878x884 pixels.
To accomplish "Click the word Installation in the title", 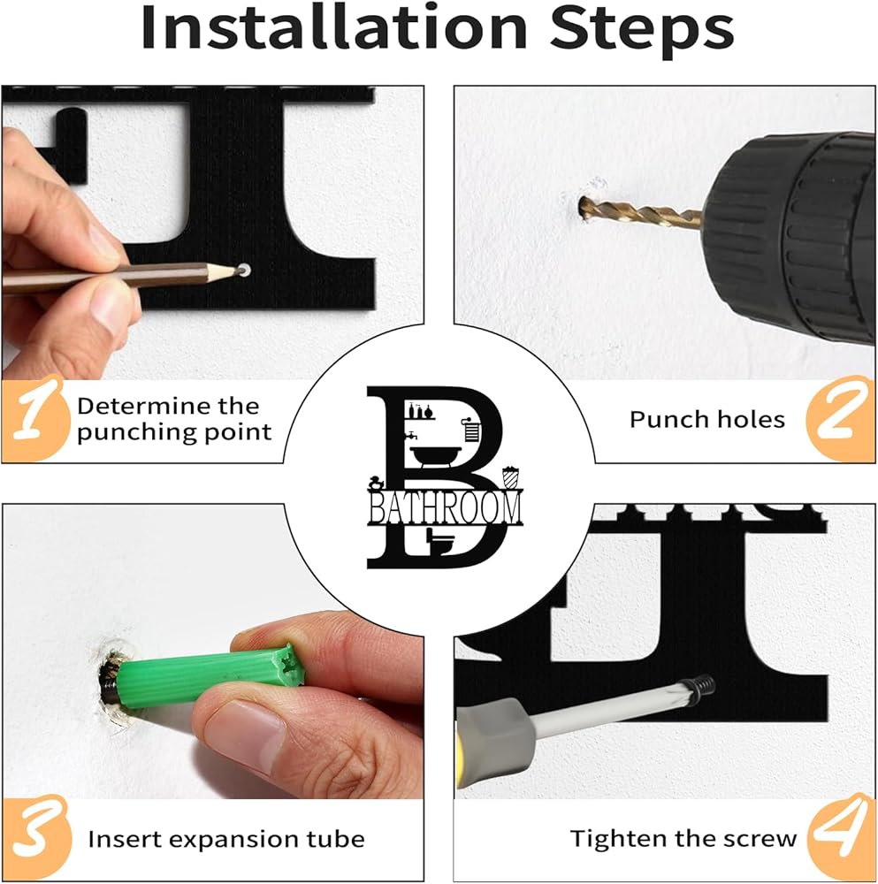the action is pos(334,27).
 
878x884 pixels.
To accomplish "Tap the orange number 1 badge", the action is pos(35,418).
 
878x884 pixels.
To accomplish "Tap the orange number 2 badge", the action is pos(841,418).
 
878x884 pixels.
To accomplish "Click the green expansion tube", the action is pos(211,674).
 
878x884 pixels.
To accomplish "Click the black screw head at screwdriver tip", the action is pos(705,684).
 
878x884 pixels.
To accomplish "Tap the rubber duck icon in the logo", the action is pos(377,484).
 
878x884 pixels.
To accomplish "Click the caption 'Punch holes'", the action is pos(707,419).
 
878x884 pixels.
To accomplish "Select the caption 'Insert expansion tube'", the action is pos(226,839).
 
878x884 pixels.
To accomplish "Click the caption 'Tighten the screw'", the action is pos(683,838).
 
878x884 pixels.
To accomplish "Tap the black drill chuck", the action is pos(790,237).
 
